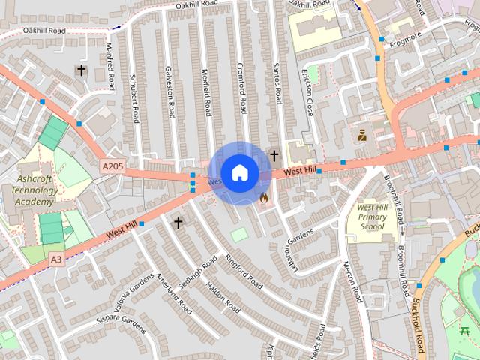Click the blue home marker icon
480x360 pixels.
[x=239, y=173]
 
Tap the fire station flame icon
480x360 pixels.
[x=263, y=198]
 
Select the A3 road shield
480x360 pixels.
[x=56, y=259]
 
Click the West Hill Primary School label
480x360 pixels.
[x=372, y=217]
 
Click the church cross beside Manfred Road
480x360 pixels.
[x=81, y=70]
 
